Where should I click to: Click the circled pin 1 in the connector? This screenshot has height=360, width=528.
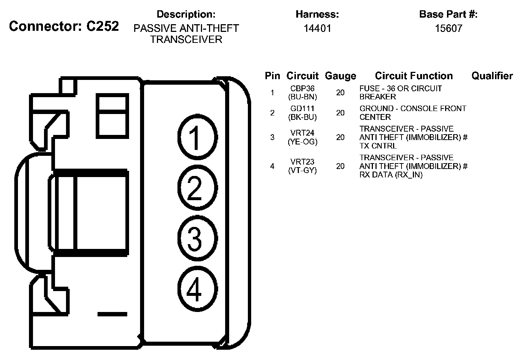point(197,137)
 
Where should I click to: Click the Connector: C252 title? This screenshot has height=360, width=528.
point(64,26)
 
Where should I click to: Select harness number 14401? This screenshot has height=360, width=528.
point(317,28)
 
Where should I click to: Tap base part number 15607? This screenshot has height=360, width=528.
point(448,28)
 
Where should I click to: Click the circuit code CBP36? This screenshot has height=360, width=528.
point(302,89)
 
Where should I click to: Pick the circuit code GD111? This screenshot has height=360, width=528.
point(302,109)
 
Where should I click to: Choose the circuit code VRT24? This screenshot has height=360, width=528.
point(302,133)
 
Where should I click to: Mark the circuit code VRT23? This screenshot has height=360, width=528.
point(302,162)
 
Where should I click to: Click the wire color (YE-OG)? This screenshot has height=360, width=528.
point(302,142)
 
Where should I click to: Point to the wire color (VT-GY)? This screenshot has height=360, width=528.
point(302,170)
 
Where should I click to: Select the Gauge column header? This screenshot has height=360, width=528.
point(340,76)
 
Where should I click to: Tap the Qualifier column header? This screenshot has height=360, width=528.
point(492,76)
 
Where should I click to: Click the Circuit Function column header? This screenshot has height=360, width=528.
point(414,76)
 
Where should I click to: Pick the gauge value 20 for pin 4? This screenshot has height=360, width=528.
point(340,166)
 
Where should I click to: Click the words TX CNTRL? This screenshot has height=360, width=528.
point(378,146)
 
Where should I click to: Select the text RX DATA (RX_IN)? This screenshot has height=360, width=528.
point(391,175)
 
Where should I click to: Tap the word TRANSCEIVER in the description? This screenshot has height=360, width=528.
point(186,39)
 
